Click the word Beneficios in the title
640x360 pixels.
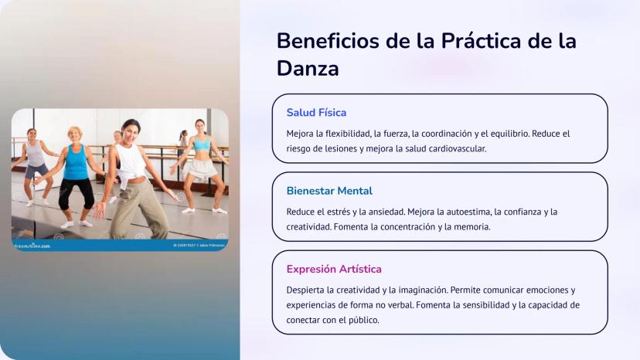click(329, 41)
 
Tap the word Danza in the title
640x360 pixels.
click(308, 68)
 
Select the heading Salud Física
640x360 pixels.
click(316, 113)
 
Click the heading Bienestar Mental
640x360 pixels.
click(329, 191)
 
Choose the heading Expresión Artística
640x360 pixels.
click(334, 269)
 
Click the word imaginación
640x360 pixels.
click(424, 290)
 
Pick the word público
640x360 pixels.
click(363, 320)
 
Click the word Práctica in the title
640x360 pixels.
click(482, 41)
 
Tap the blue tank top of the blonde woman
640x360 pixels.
click(76, 162)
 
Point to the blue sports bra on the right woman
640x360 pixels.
click(201, 143)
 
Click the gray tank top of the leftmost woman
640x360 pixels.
click(35, 154)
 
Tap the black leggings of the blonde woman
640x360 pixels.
click(77, 193)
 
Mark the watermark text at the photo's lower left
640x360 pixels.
click(32, 246)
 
